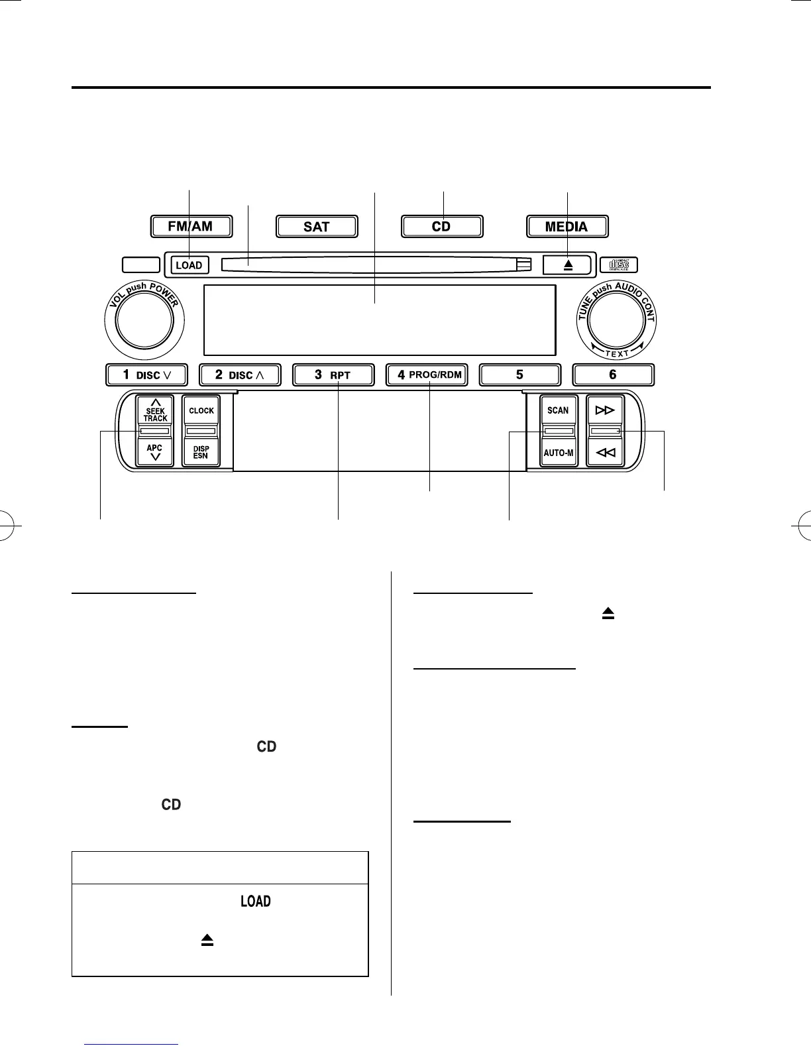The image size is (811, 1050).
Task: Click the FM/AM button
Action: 191,227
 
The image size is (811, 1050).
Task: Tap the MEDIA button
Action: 567,227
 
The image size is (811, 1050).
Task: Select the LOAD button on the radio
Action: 189,265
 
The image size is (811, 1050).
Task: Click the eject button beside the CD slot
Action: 568,264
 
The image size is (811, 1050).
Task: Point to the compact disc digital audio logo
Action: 619,264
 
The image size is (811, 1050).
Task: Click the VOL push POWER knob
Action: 144,320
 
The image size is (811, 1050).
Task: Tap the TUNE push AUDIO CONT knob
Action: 616,320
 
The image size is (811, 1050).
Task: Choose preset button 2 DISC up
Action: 240,375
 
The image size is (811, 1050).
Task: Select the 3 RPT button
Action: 333,375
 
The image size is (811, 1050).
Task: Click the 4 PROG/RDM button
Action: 426,375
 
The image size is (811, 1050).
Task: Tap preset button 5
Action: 519,375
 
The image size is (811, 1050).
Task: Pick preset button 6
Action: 613,375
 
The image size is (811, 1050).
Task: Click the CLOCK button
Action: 201,411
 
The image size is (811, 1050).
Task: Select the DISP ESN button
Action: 201,452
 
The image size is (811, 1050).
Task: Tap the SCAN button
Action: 558,411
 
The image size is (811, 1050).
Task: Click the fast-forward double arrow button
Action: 605,411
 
